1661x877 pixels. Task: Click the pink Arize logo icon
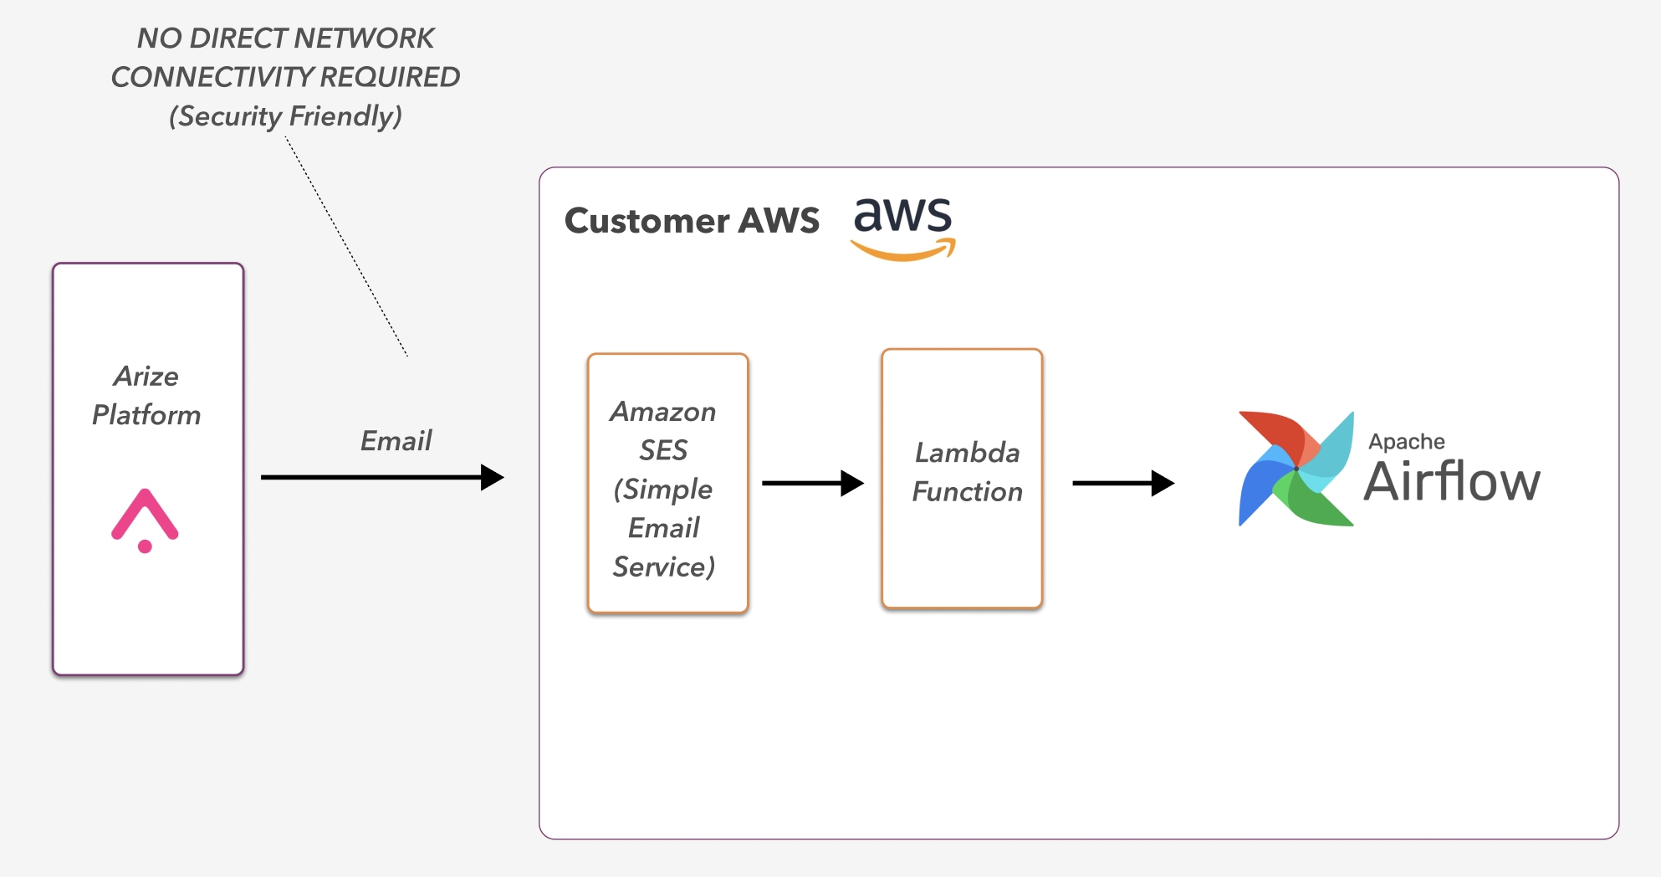point(145,520)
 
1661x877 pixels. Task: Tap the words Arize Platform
point(146,396)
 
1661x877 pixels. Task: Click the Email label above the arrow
point(396,441)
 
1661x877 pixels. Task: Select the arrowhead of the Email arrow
point(493,478)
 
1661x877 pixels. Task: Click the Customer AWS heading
point(692,221)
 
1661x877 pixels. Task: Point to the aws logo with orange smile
point(903,227)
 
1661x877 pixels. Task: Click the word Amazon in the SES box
point(663,412)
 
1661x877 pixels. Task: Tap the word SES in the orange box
point(663,450)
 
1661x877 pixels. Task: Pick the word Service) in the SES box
point(664,567)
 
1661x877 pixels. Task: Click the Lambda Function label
point(968,472)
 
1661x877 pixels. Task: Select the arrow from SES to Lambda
point(812,483)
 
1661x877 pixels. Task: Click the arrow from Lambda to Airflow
point(1123,483)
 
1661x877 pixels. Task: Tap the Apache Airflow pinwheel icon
point(1296,469)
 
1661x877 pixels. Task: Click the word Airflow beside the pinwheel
point(1452,482)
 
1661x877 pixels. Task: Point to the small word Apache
point(1407,442)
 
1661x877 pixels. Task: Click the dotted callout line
point(346,247)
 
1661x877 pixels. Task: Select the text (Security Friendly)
point(285,115)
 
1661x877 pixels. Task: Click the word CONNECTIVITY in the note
point(212,77)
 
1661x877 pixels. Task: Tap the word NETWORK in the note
point(364,38)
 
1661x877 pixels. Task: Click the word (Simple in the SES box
point(663,490)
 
